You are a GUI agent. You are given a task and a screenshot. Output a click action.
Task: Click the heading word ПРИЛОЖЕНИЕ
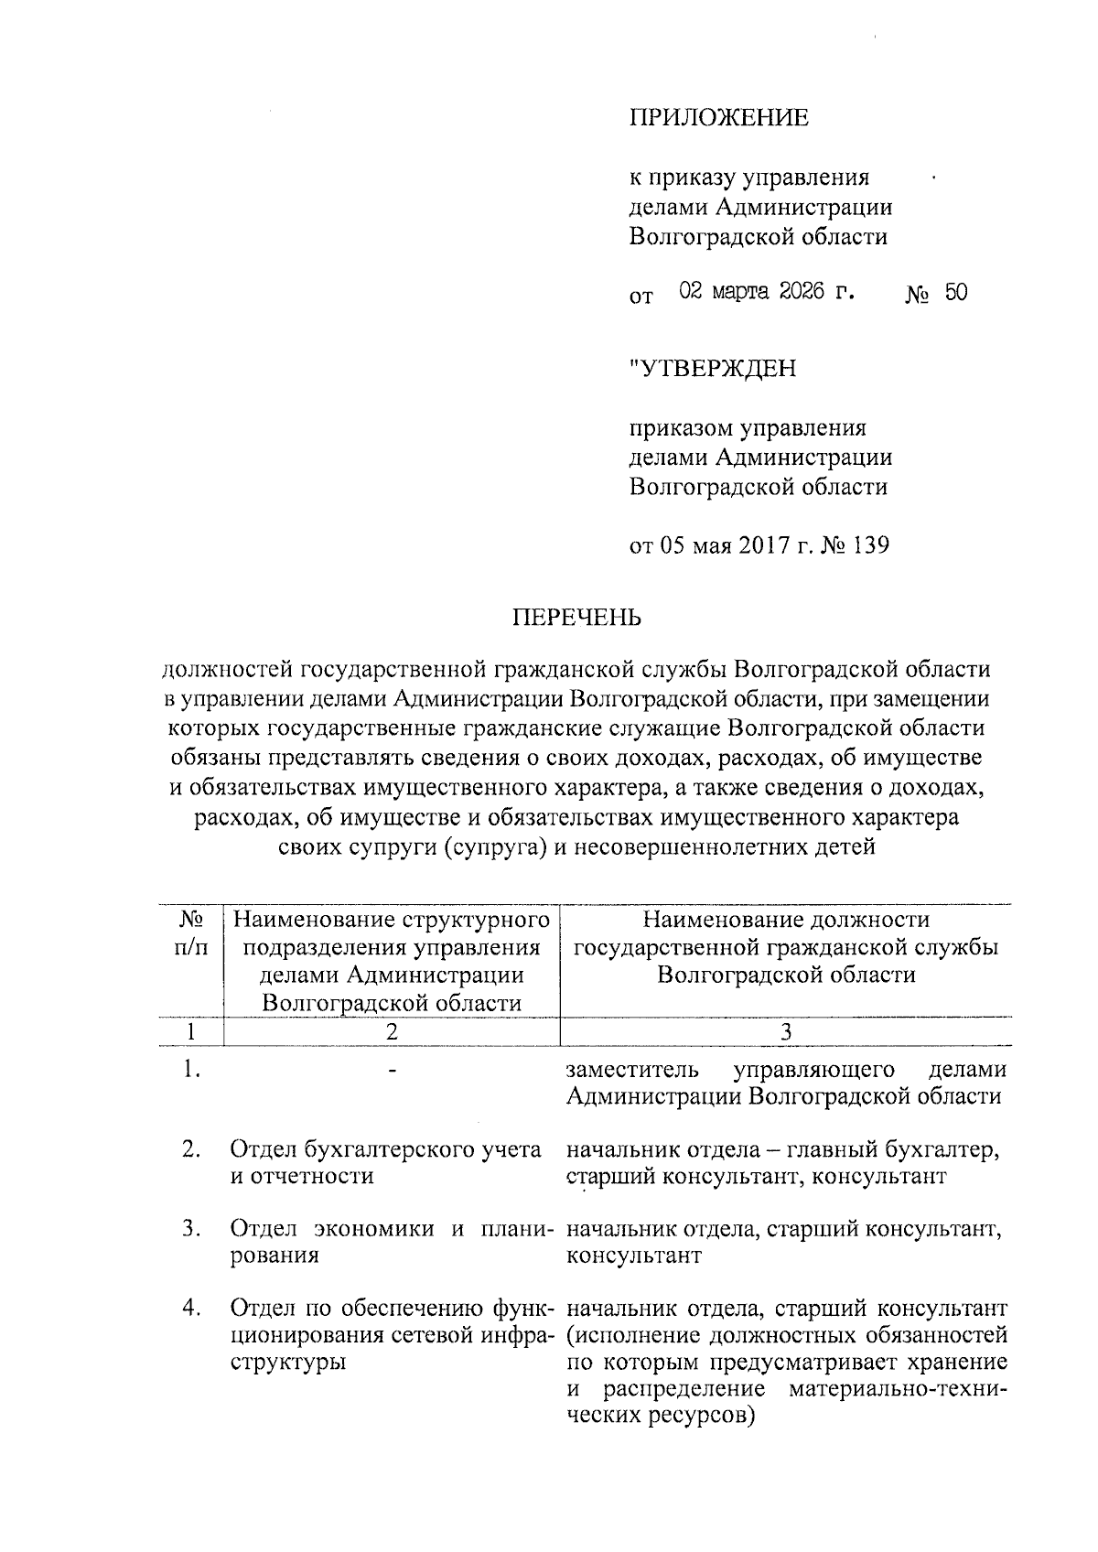[718, 118]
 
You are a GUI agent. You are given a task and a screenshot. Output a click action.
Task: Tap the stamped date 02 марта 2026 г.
[767, 293]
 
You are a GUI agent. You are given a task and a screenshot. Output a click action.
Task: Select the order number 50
[955, 293]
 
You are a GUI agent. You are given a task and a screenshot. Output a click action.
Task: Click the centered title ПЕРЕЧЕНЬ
[576, 618]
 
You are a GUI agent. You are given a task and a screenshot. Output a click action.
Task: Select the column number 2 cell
[391, 1031]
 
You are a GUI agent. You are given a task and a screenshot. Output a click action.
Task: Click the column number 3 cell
[785, 1031]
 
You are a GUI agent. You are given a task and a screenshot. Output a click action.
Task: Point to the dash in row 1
[392, 1070]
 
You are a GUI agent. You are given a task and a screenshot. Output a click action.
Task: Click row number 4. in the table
[191, 1308]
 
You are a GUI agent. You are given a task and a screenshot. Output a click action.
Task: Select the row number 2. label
[191, 1149]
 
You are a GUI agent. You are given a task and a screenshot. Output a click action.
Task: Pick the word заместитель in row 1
[632, 1070]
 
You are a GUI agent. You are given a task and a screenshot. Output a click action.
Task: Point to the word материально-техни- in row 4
[897, 1389]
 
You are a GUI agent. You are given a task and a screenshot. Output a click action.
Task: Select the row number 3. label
[191, 1229]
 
